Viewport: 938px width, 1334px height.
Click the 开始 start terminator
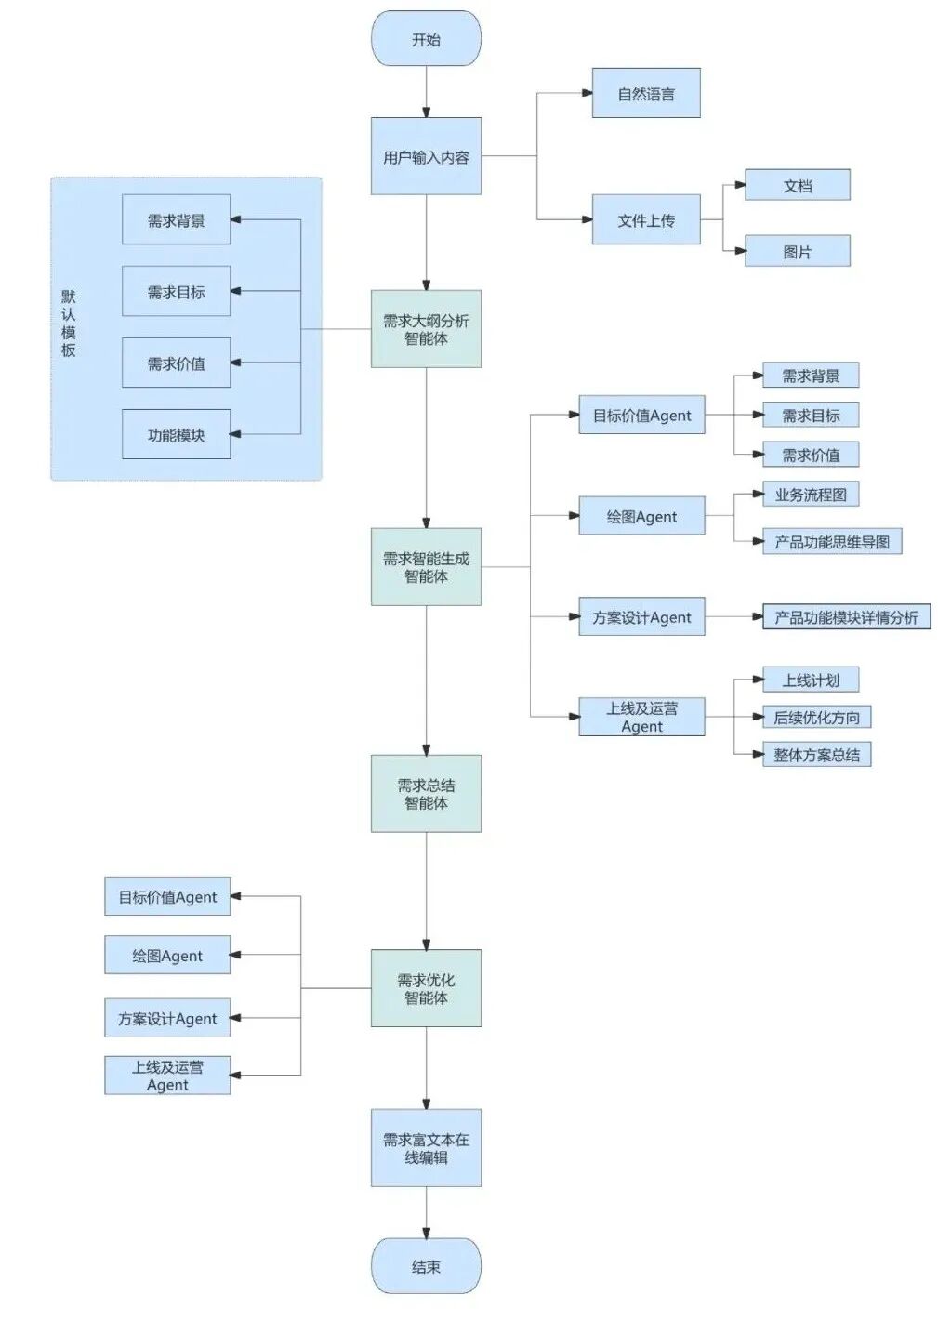[426, 39]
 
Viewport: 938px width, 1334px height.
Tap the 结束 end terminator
[426, 1266]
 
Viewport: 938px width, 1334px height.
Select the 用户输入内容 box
[426, 156]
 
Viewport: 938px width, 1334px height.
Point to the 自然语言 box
[646, 93]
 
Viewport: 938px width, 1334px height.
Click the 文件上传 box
[646, 220]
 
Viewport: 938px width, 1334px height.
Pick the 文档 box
[798, 185]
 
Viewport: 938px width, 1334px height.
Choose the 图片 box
[798, 251]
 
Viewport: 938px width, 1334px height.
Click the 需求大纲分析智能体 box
[426, 329]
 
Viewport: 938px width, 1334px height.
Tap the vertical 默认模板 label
[69, 324]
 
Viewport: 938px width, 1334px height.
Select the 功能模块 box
[176, 434]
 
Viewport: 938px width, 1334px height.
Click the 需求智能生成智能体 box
[426, 567]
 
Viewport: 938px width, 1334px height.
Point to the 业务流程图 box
[811, 495]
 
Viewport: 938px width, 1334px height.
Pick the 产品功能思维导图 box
[832, 542]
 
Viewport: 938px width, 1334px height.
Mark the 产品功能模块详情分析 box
[846, 617]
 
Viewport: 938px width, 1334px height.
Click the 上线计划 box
[811, 680]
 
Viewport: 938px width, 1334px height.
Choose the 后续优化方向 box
[817, 717]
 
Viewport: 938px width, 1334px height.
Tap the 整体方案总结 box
[817, 755]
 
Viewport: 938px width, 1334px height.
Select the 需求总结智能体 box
[426, 793]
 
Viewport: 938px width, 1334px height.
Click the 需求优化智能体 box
[426, 988]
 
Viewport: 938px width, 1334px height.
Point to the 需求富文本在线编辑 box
[426, 1148]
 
